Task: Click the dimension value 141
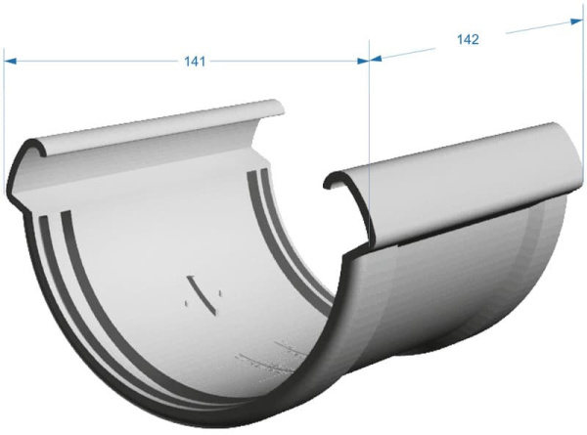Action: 194,62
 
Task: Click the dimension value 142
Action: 468,39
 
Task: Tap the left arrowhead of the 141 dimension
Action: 11,61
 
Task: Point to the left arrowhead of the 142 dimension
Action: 376,58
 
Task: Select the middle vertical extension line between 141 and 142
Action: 369,127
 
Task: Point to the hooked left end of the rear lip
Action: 24,161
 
